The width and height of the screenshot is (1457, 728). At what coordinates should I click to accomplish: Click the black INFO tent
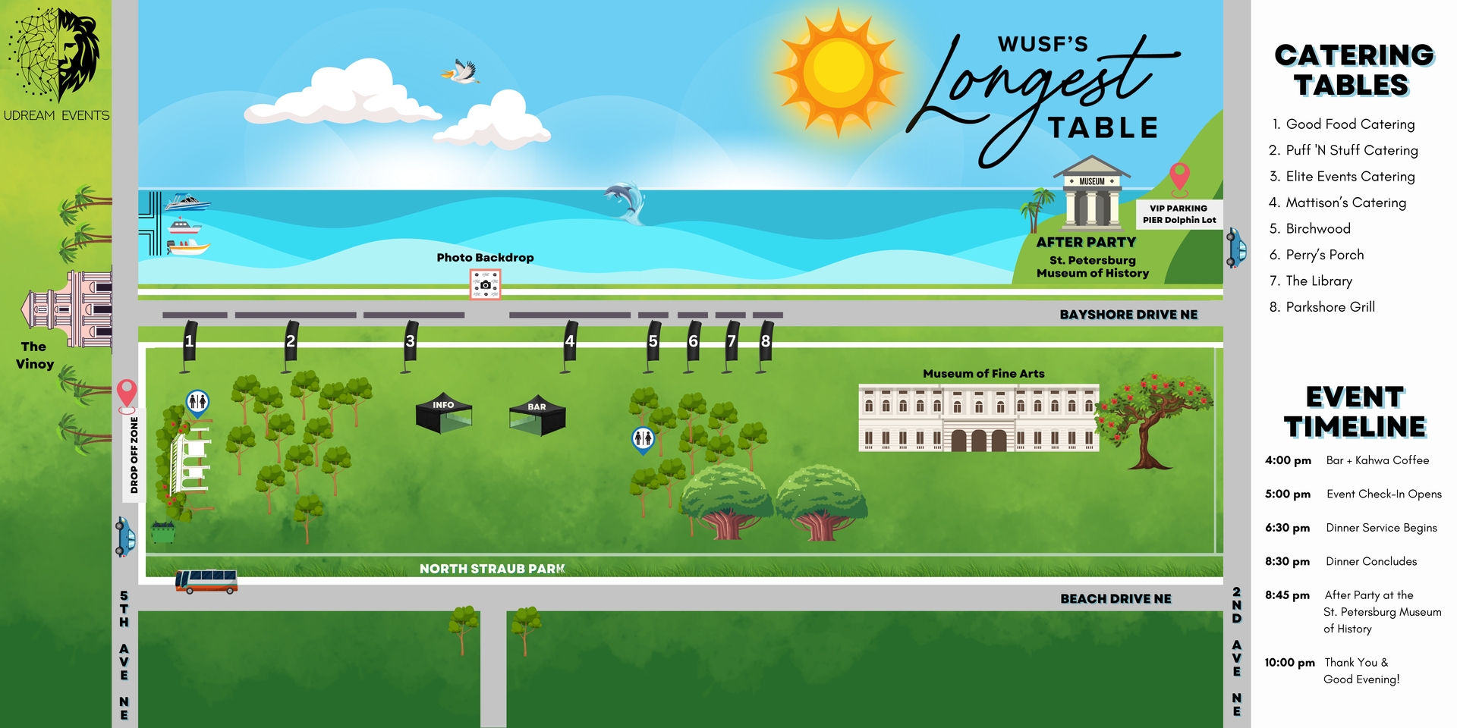(444, 413)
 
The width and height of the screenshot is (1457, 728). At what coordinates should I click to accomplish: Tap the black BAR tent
(537, 415)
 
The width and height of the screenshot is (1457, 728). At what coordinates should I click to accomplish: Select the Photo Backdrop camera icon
(485, 284)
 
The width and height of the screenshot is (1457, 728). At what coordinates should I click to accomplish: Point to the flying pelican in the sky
(461, 71)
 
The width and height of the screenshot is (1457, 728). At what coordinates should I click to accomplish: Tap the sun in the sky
(839, 73)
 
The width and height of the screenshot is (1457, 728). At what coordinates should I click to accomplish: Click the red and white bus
(206, 582)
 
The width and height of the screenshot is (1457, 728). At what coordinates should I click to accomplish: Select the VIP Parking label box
(1179, 214)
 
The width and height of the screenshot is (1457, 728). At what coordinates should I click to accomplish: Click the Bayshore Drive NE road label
(1128, 315)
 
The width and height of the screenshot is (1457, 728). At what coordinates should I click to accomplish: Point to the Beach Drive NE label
(1116, 599)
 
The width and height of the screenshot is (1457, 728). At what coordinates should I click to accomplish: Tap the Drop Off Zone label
(134, 455)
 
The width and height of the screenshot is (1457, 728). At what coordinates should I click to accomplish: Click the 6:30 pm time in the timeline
(1287, 528)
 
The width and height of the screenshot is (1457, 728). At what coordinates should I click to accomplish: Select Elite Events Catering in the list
(1342, 177)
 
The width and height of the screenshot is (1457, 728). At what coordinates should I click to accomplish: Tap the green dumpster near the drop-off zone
(163, 532)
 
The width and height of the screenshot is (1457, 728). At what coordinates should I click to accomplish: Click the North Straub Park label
(492, 569)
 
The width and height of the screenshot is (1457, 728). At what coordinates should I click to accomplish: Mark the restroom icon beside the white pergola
(197, 403)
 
